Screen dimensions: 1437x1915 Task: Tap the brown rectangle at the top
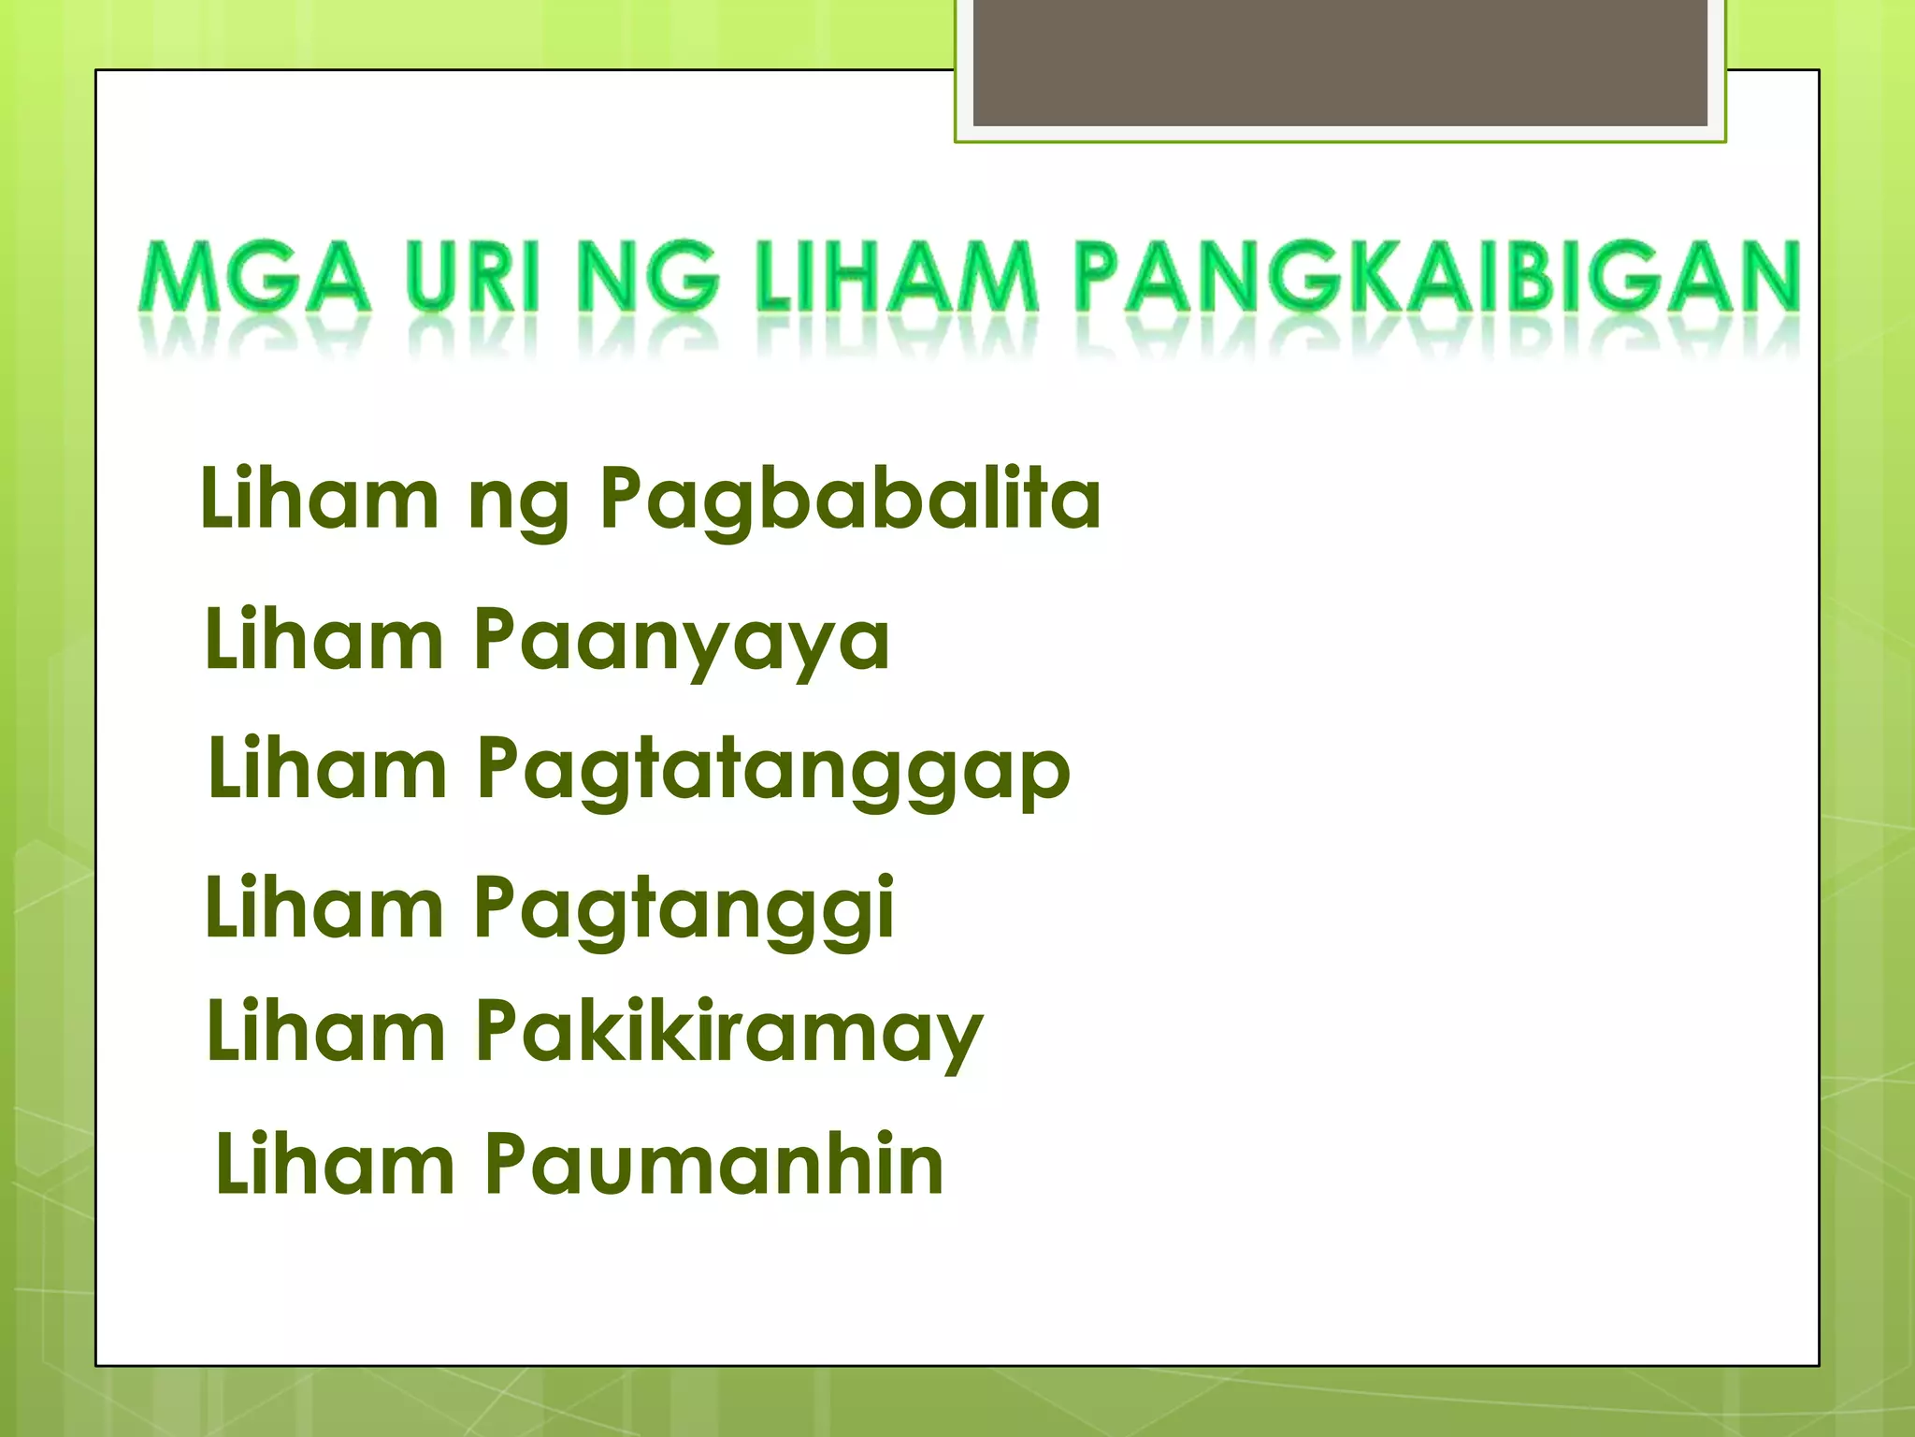1340,62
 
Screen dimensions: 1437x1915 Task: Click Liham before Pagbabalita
319,499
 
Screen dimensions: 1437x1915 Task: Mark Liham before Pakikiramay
325,1031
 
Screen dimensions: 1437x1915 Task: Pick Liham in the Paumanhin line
334,1164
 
